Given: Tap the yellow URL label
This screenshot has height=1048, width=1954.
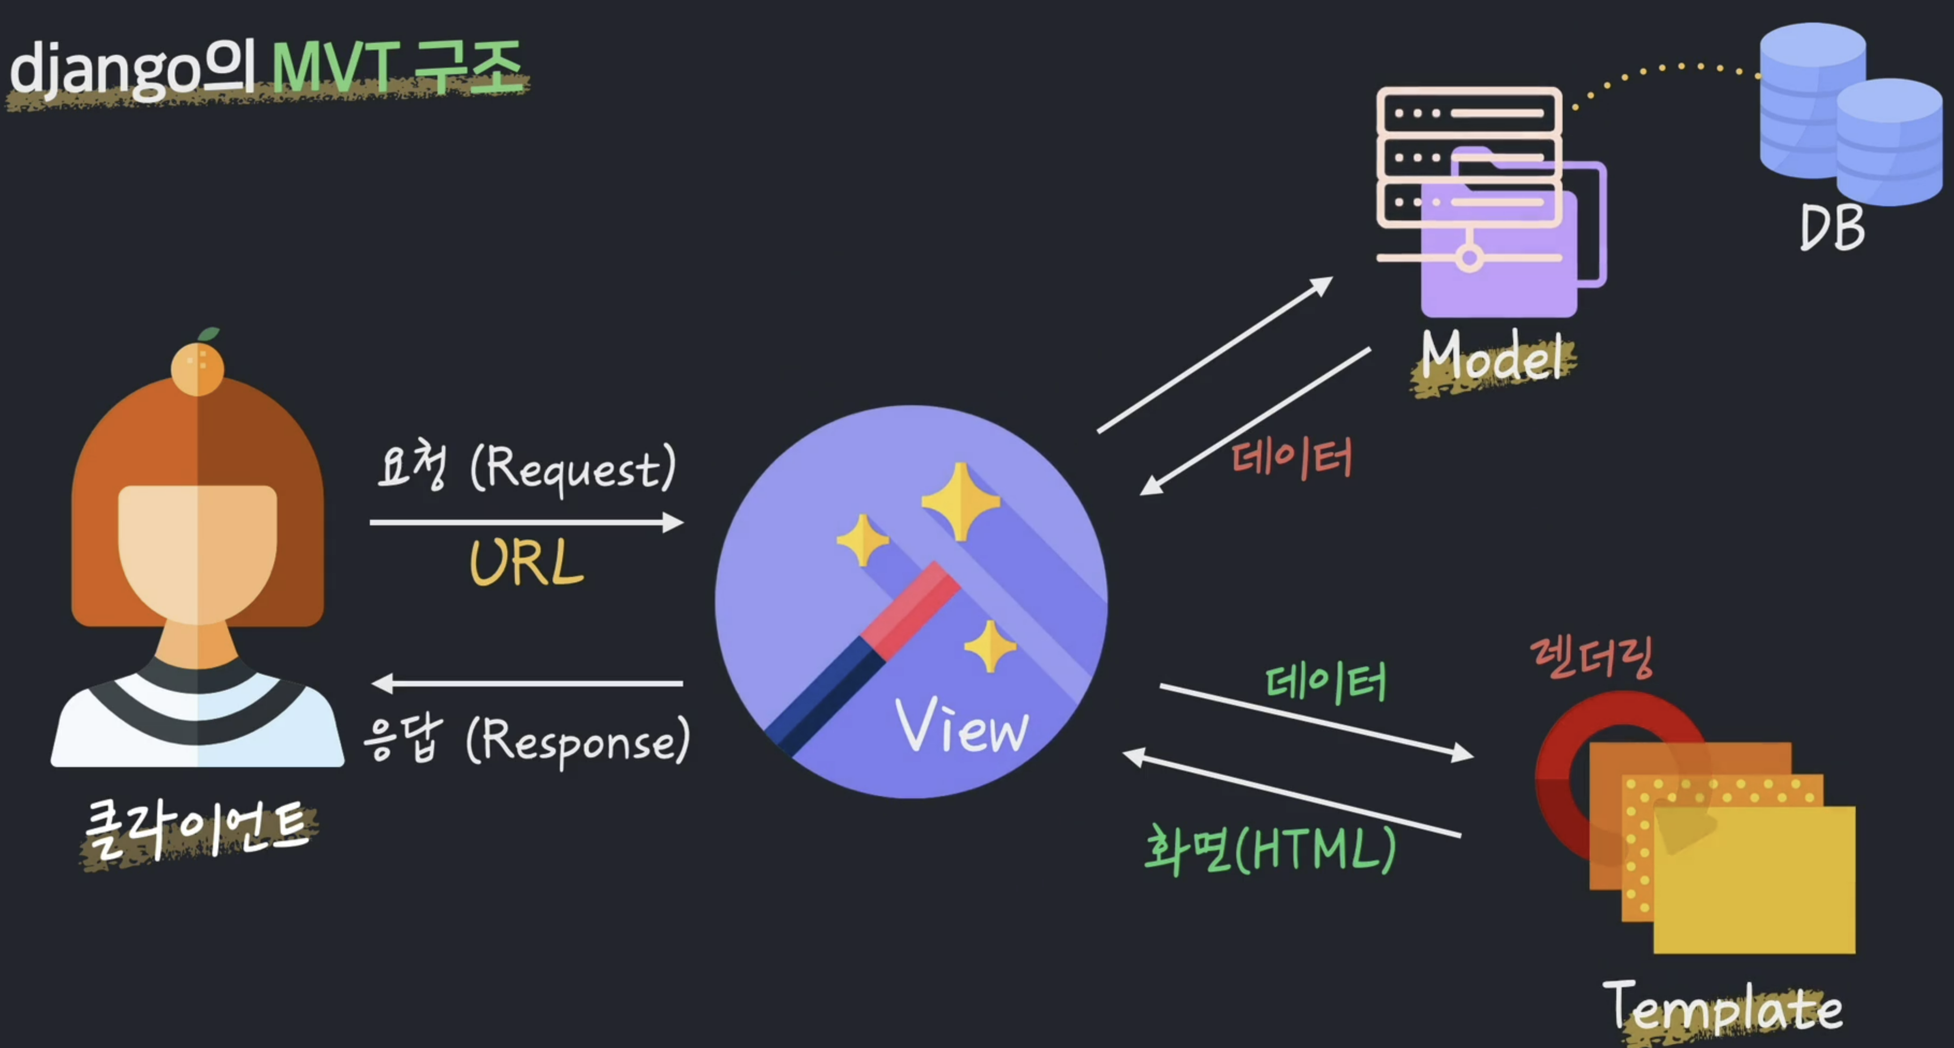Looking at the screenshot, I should [x=527, y=563].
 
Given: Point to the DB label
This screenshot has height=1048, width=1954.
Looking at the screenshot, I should [x=1832, y=228].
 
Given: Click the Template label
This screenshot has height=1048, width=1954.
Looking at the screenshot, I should [x=1723, y=1007].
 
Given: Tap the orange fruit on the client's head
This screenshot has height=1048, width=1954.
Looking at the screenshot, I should [x=197, y=368].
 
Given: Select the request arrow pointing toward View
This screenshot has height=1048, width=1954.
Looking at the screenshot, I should [x=527, y=522].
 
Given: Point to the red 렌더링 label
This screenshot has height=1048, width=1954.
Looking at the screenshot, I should [x=1592, y=657].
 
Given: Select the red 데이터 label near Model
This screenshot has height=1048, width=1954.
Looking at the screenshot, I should [x=1292, y=458].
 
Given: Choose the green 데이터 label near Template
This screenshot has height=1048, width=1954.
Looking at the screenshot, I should [x=1326, y=682].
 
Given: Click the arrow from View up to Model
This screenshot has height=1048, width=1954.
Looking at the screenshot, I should [x=1214, y=355].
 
